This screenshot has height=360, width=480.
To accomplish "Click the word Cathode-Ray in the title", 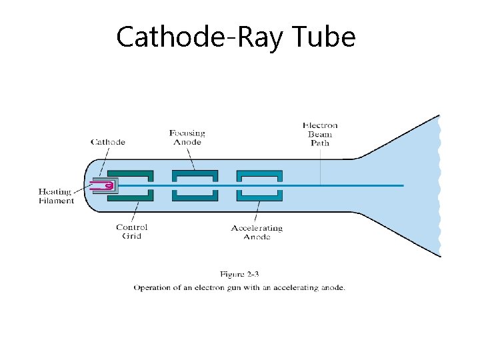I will (x=200, y=37).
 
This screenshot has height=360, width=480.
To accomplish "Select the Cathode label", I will (x=108, y=141).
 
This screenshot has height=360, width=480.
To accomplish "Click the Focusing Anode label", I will (x=187, y=137).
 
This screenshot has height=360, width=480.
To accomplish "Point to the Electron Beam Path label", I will (x=320, y=134).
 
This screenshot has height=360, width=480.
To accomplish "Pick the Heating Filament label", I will (x=56, y=196).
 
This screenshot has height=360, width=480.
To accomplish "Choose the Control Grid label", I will (x=132, y=231).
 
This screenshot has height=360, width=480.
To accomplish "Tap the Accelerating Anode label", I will (x=257, y=232).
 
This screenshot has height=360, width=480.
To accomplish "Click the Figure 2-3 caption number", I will (x=239, y=274).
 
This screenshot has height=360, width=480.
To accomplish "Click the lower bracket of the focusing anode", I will (x=195, y=195).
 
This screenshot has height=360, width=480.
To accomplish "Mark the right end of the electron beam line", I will (x=403, y=185).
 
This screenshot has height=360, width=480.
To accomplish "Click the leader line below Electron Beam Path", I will (x=320, y=167).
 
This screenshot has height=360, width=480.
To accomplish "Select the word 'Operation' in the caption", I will (x=152, y=288).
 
